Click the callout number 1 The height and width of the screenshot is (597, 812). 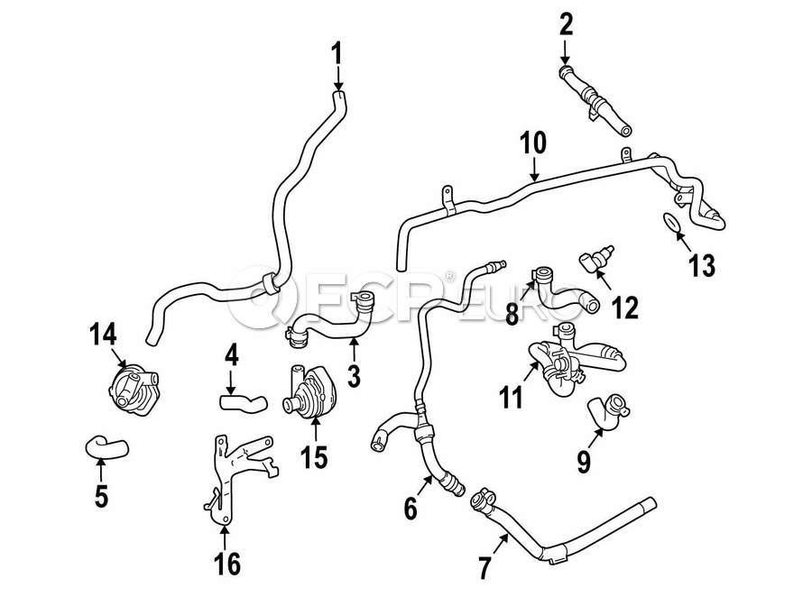pyautogui.click(x=337, y=55)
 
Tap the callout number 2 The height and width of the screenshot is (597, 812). pyautogui.click(x=566, y=23)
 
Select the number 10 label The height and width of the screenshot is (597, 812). pyautogui.click(x=533, y=142)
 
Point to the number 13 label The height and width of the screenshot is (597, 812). pyautogui.click(x=701, y=265)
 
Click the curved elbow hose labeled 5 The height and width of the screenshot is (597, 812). pyautogui.click(x=106, y=444)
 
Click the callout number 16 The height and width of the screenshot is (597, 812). pyautogui.click(x=226, y=564)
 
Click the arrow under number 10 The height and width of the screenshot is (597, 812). pyautogui.click(x=534, y=169)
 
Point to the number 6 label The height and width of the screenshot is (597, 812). pyautogui.click(x=411, y=509)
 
